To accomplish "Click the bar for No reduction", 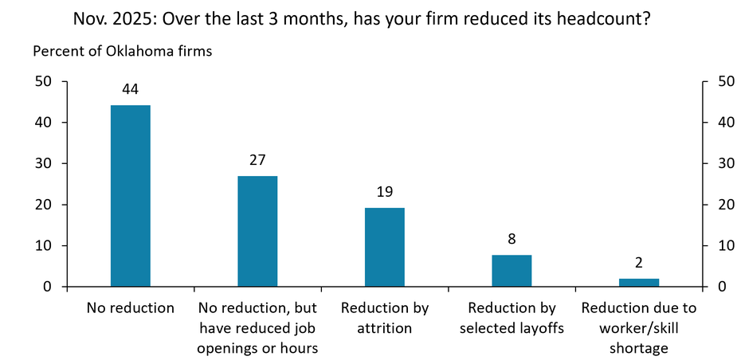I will (130, 196).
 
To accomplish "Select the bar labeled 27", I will (257, 231).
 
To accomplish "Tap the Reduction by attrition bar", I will (385, 247).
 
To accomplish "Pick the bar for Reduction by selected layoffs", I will (512, 271).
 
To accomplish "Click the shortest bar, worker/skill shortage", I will (639, 283).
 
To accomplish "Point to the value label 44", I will (130, 89).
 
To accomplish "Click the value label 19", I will (385, 192).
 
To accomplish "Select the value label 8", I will (512, 238).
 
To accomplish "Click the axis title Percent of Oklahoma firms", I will (122, 52).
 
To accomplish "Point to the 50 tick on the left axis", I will (44, 81).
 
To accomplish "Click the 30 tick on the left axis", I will (44, 163).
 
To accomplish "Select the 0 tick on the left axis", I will (48, 287).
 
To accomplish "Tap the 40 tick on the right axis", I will (725, 123).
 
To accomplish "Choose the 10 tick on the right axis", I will (725, 245).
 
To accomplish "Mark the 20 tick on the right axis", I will (725, 205).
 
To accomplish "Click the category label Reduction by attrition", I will (385, 318).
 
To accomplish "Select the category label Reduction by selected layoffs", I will (512, 318).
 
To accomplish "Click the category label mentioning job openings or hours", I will (257, 327).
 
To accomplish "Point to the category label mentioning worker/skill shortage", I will (639, 327).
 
